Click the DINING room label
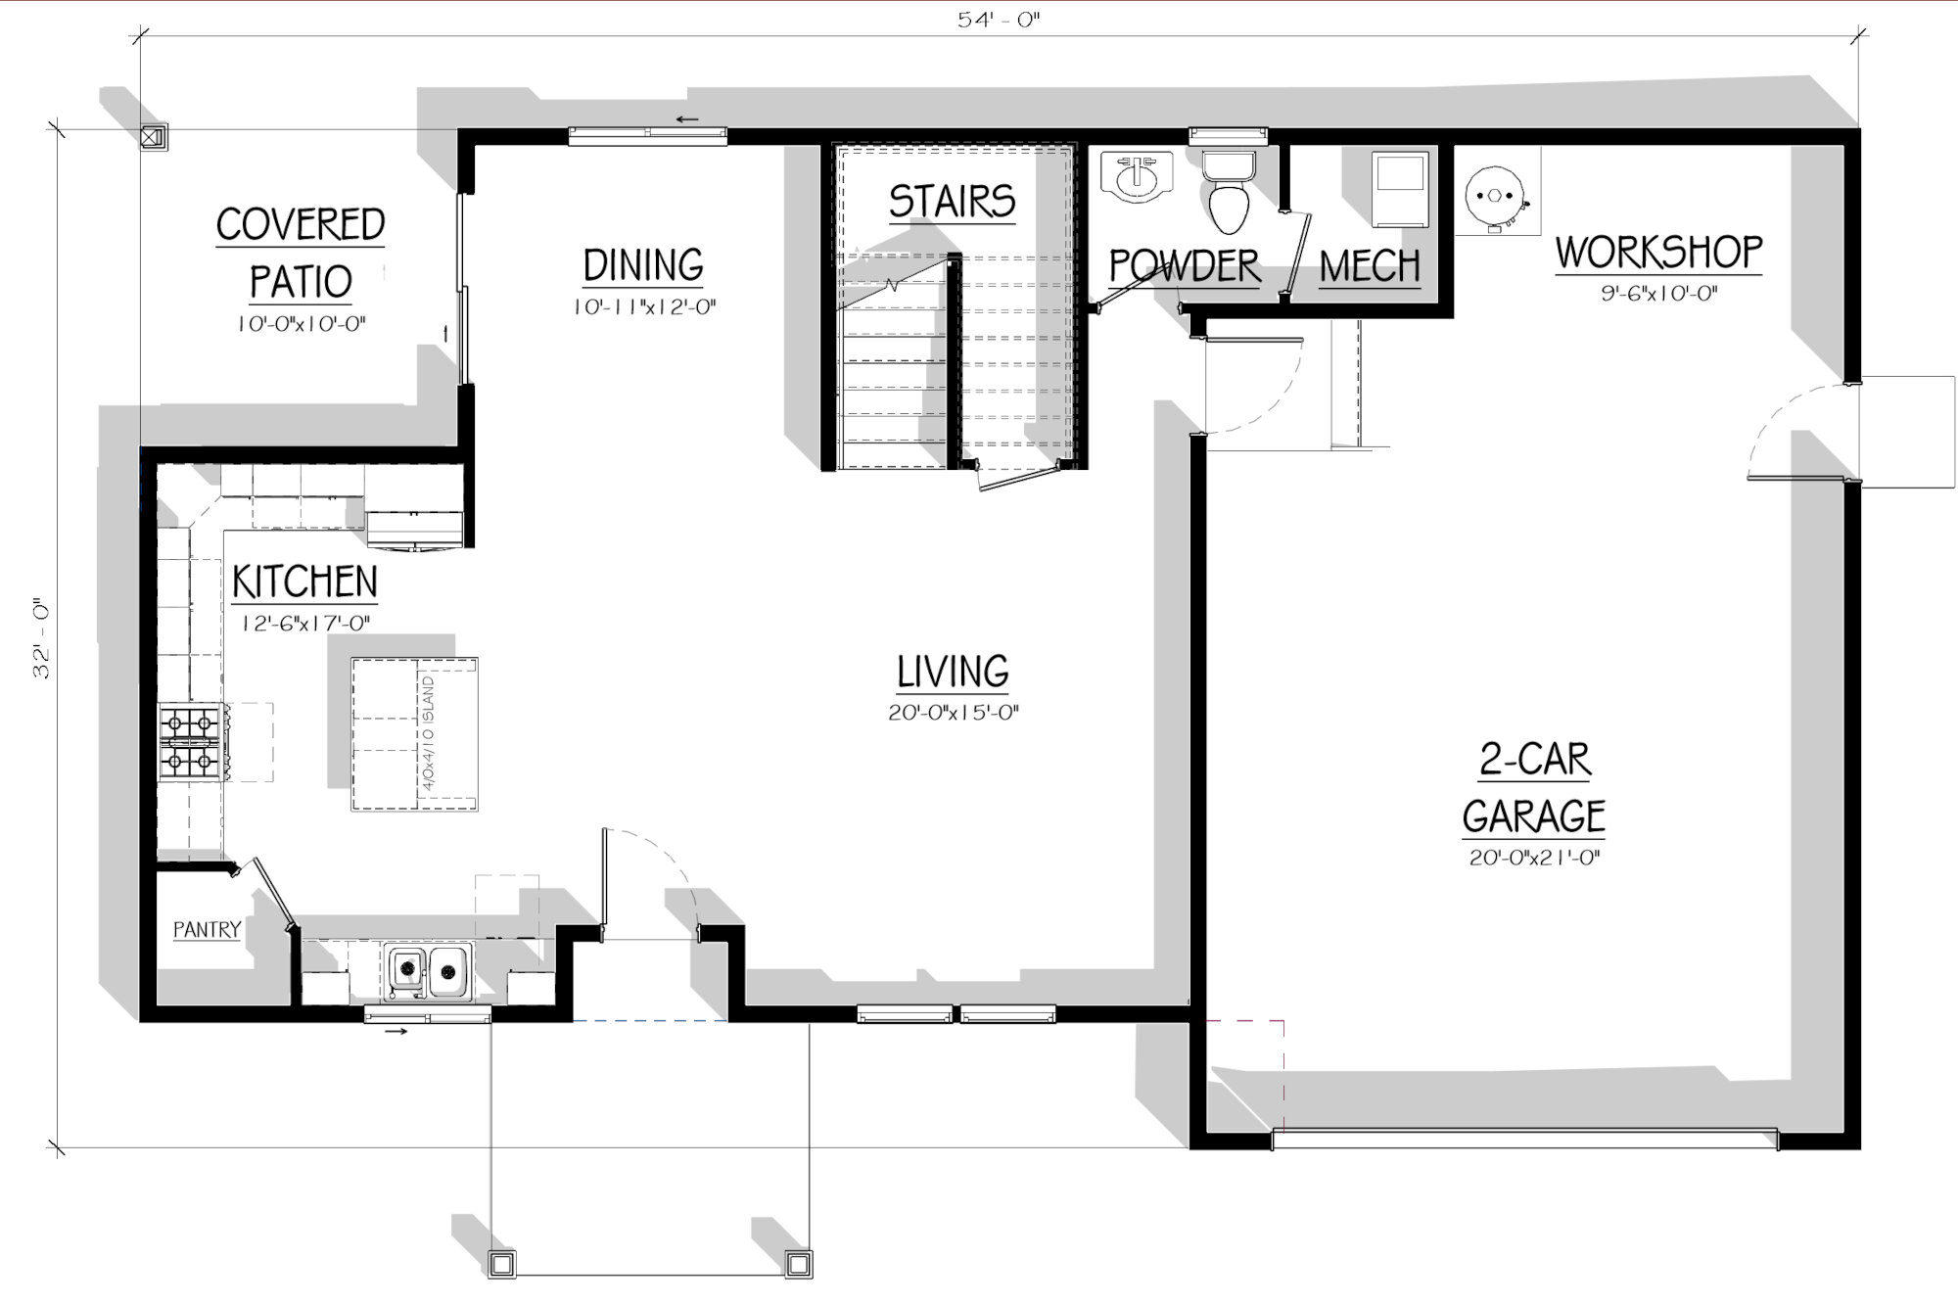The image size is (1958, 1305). [x=643, y=265]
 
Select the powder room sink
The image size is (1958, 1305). [x=1136, y=176]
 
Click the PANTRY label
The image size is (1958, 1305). [x=207, y=929]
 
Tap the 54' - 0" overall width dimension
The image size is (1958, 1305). [x=999, y=20]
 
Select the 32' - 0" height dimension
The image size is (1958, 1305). [x=42, y=638]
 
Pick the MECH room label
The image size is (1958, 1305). [x=1369, y=266]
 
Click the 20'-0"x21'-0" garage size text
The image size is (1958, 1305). [x=1534, y=859]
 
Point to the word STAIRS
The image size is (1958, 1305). [x=952, y=202]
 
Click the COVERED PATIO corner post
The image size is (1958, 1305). [x=154, y=137]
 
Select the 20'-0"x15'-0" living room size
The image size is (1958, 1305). [x=954, y=713]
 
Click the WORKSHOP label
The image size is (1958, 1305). [x=1658, y=252]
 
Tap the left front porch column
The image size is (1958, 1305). [x=502, y=1264]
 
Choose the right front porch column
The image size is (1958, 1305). [x=799, y=1264]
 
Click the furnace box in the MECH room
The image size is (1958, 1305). [x=1399, y=190]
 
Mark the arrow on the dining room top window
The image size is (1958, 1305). [x=687, y=120]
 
